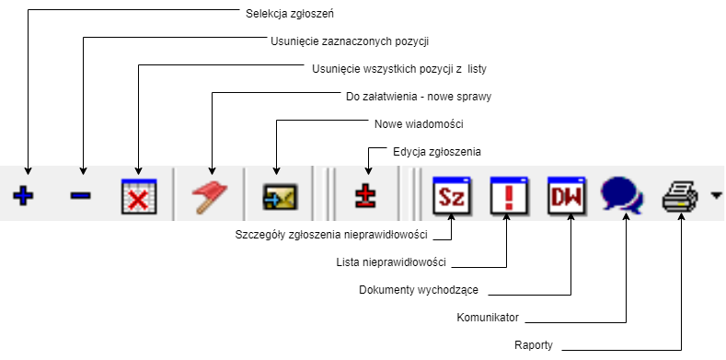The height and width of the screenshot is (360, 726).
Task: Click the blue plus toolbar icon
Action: [28, 196]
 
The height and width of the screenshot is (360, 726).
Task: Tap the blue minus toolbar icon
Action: [81, 196]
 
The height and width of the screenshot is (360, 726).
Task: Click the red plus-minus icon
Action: [368, 196]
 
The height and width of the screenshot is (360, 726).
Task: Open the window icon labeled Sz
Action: [451, 195]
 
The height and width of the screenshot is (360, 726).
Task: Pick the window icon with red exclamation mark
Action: [507, 195]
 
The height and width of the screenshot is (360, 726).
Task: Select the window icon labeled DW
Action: [564, 195]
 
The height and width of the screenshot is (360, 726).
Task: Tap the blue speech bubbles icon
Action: [622, 195]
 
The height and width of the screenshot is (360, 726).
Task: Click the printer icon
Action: [681, 195]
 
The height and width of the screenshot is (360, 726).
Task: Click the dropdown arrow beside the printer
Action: [716, 196]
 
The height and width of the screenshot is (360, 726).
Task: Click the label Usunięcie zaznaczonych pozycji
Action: [351, 41]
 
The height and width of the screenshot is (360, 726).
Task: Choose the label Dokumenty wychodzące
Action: [418, 290]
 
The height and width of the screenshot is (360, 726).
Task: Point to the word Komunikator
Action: [489, 318]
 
